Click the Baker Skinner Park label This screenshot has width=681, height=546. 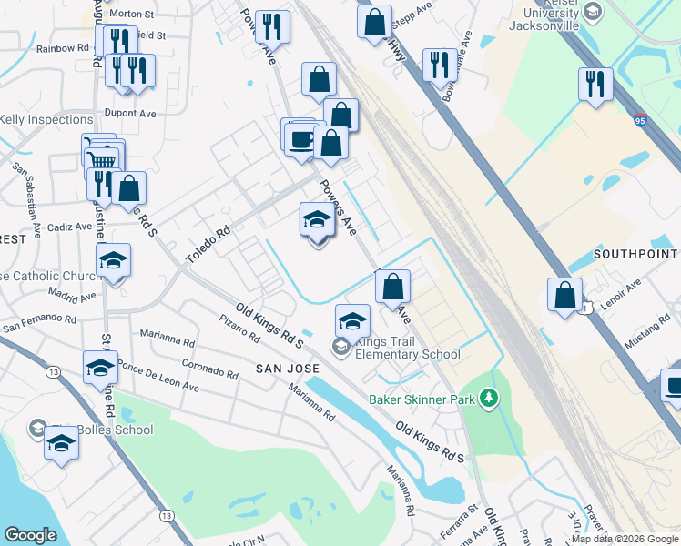(x=422, y=399)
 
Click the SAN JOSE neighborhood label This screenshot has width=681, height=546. (x=287, y=369)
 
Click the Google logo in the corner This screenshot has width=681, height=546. (x=30, y=535)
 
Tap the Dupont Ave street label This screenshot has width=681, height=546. (x=131, y=114)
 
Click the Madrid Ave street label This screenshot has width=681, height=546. (x=73, y=297)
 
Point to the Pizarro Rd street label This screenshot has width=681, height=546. (x=239, y=329)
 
